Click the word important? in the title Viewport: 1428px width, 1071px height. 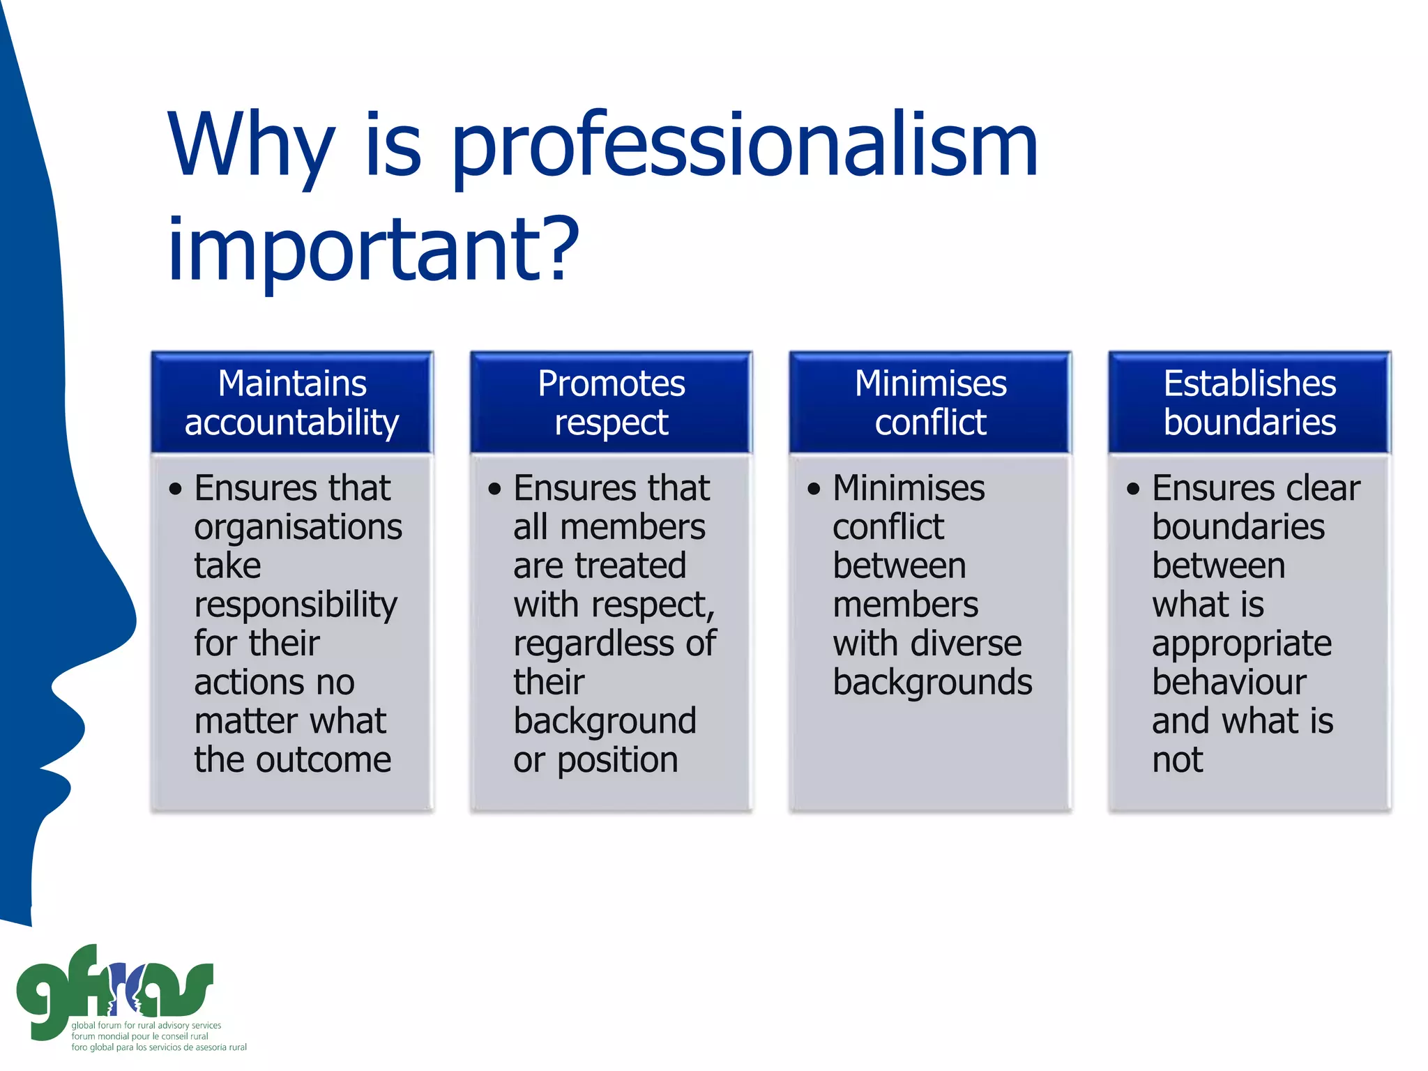pyautogui.click(x=374, y=251)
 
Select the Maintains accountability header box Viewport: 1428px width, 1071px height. pyautogui.click(x=292, y=403)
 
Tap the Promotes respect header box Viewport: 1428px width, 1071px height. pyautogui.click(x=612, y=403)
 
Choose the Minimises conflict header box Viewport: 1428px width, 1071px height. pyautogui.click(x=930, y=403)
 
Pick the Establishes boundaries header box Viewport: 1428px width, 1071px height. pyautogui.click(x=1249, y=403)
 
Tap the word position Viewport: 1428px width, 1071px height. pyautogui.click(x=617, y=760)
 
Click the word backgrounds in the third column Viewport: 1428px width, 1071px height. pyautogui.click(x=932, y=682)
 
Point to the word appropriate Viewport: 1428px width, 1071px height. pyautogui.click(x=1241, y=644)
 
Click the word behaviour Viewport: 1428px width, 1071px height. pyautogui.click(x=1229, y=682)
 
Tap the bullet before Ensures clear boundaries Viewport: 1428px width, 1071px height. pyautogui.click(x=1133, y=489)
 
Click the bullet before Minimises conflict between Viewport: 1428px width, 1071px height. pyautogui.click(x=814, y=489)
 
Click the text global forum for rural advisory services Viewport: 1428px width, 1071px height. pyautogui.click(x=146, y=1026)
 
